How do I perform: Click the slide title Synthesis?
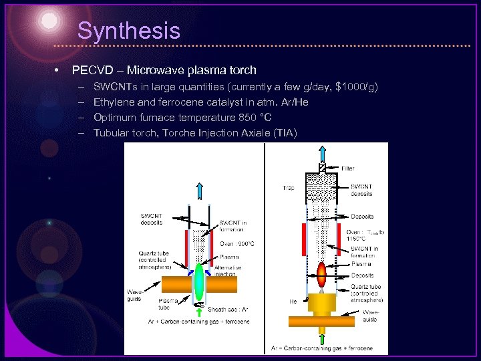coord(128,31)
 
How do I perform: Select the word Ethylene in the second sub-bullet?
coord(115,102)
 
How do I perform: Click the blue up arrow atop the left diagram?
coord(200,191)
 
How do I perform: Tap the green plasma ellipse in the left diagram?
coord(198,282)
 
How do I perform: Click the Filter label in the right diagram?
coord(347,168)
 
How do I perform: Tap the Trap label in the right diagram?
coord(289,188)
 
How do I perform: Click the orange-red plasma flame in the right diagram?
coord(322,273)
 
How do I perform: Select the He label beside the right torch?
coord(293,302)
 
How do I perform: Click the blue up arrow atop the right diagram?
coord(322,152)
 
